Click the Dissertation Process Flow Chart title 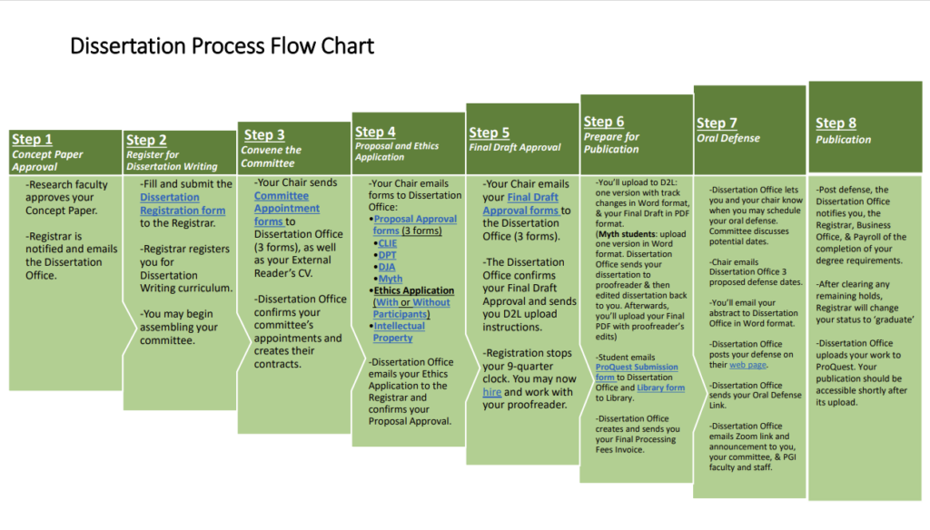[222, 45]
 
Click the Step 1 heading [32, 140]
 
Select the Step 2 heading [146, 140]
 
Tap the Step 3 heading [263, 135]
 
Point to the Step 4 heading [375, 132]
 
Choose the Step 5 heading [490, 132]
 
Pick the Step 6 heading [604, 122]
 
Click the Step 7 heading [717, 123]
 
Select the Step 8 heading [836, 123]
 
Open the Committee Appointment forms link [281, 209]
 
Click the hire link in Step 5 [491, 392]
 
